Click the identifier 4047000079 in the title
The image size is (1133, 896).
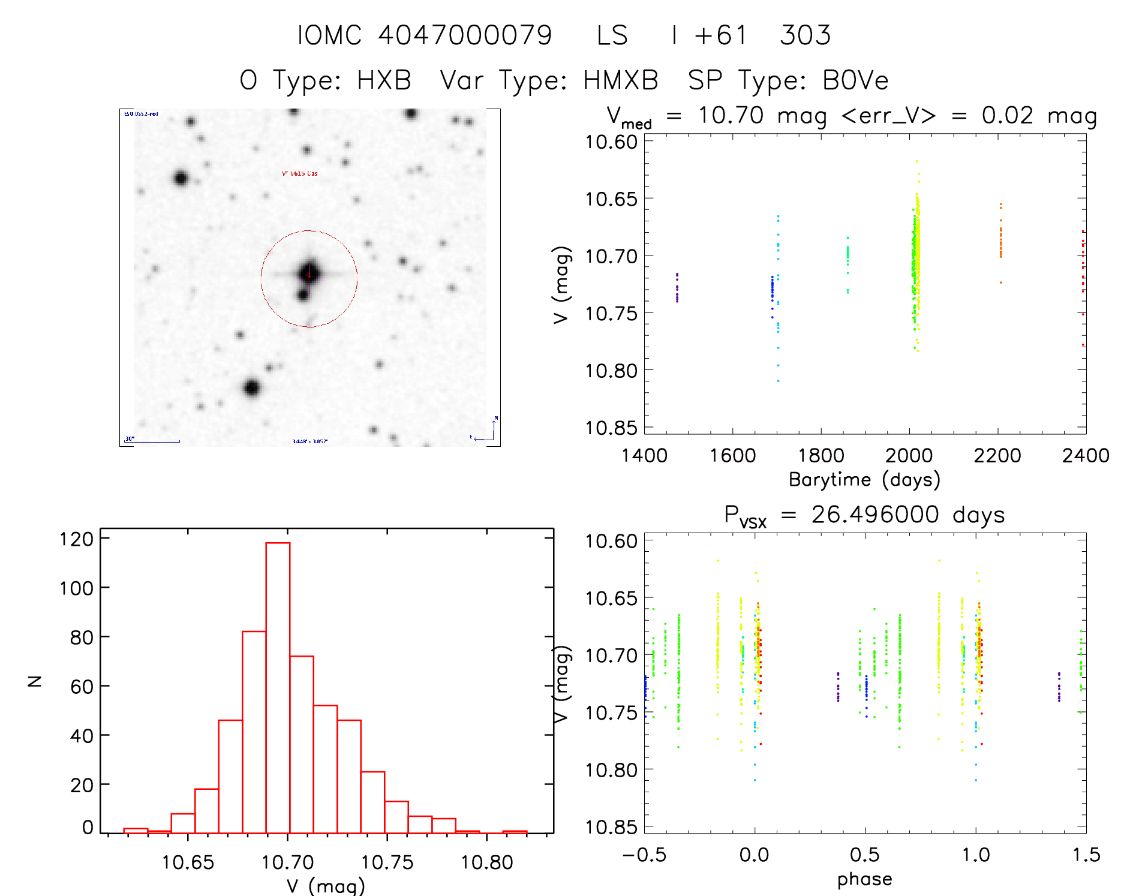click(x=465, y=35)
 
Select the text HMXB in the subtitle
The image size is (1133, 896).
click(x=620, y=80)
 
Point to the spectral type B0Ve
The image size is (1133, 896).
click(x=855, y=80)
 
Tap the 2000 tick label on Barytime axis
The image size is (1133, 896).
click(x=909, y=456)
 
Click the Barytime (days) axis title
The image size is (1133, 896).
click(x=864, y=480)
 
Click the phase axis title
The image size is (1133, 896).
click(x=864, y=879)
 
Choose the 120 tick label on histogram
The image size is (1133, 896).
click(x=77, y=539)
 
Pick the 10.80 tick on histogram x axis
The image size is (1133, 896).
click(x=486, y=862)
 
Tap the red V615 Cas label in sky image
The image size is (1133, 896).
click(x=300, y=174)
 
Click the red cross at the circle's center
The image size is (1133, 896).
click(x=309, y=275)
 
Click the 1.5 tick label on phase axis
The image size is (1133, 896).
click(x=1086, y=855)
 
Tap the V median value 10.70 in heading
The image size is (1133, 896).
click(x=731, y=115)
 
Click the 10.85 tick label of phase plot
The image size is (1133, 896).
click(x=611, y=827)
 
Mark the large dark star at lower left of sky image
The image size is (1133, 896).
click(x=252, y=388)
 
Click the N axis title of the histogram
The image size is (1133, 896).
click(x=35, y=681)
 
